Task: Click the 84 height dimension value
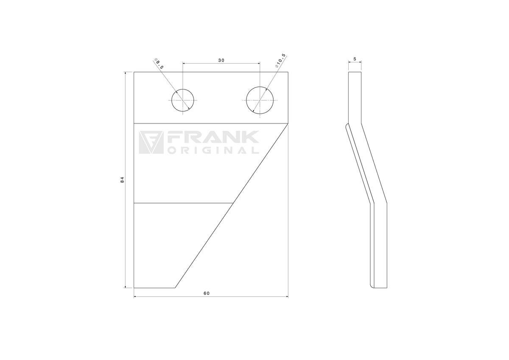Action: click(122, 180)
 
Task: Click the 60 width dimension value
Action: click(207, 293)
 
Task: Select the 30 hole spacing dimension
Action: click(221, 60)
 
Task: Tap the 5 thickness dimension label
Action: click(355, 59)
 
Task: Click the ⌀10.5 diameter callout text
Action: click(280, 61)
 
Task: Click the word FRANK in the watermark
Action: click(213, 137)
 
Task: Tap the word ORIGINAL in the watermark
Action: click(213, 150)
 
